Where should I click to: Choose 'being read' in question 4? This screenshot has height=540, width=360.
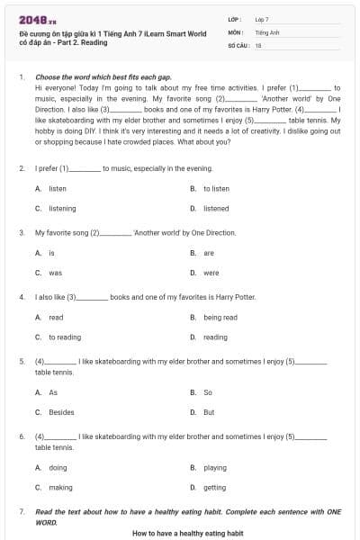pyautogui.click(x=220, y=318)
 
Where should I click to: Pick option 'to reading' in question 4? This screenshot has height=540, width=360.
pyautogui.click(x=64, y=337)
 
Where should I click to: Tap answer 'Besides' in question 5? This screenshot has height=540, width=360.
pyautogui.click(x=61, y=412)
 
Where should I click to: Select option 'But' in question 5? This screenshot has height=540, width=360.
pyautogui.click(x=209, y=412)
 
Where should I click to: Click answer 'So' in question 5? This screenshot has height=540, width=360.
pyautogui.click(x=208, y=392)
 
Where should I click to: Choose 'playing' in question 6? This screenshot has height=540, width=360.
pyautogui.click(x=215, y=468)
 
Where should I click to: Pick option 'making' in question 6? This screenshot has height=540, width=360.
pyautogui.click(x=60, y=487)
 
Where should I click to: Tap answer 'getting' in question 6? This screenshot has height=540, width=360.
pyautogui.click(x=215, y=487)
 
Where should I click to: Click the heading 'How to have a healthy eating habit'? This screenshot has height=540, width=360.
pyautogui.click(x=187, y=533)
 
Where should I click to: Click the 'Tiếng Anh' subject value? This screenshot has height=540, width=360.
pyautogui.click(x=266, y=31)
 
